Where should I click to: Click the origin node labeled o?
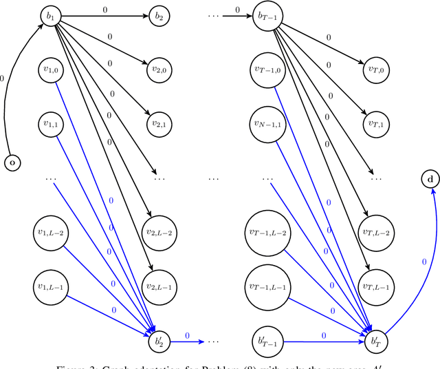pos(12,163)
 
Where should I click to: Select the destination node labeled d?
pos(431,180)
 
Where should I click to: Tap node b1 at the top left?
pos(49,14)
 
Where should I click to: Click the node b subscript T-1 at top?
pos(265,14)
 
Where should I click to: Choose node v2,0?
pos(159,70)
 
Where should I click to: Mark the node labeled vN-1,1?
pos(265,124)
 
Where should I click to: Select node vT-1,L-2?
pos(265,232)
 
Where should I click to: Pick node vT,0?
pos(375,70)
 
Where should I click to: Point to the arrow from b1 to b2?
pos(103,14)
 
